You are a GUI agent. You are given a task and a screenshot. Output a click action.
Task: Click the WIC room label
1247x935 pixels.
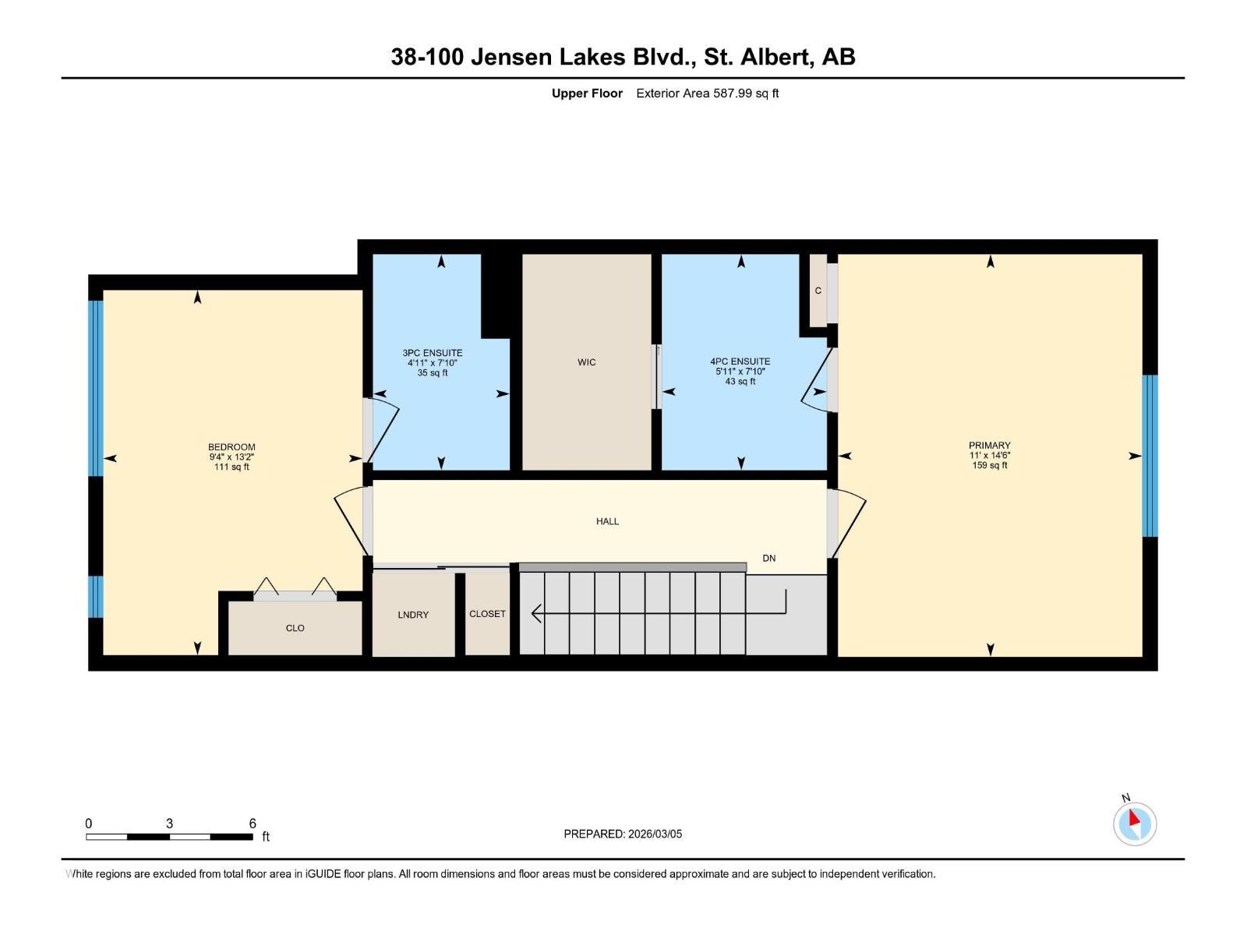tap(586, 362)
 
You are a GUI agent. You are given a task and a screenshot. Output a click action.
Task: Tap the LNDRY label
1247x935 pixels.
tap(413, 615)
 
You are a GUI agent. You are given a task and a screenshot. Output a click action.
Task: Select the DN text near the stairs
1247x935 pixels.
tap(769, 559)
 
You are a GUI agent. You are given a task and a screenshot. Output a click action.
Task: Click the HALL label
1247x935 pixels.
tap(607, 521)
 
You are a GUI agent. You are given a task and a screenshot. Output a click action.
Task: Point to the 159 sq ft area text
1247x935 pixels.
tap(989, 465)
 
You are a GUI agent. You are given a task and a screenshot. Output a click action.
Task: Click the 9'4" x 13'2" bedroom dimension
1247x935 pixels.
tap(231, 457)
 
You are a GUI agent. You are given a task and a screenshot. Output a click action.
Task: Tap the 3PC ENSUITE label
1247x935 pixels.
tap(433, 353)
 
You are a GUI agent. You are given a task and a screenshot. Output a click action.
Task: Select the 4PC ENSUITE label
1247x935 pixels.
tap(740, 362)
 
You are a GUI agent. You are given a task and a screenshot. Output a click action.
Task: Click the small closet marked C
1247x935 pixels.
tap(818, 291)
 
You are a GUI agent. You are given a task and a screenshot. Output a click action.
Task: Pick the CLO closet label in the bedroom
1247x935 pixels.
tap(295, 628)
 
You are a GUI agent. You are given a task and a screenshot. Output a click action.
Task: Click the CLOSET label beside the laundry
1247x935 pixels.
tap(487, 614)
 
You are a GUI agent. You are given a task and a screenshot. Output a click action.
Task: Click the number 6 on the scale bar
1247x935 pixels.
tap(253, 824)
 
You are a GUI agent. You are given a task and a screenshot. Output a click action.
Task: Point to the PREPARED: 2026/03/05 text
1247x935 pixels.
tap(623, 834)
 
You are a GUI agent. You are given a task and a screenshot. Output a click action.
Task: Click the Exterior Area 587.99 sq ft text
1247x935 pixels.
tap(707, 93)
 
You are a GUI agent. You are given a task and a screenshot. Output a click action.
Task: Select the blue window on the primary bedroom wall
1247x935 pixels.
tap(1150, 456)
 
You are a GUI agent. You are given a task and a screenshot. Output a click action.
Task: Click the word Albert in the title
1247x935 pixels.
tap(774, 57)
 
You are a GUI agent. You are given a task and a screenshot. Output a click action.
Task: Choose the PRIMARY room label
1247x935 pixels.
tap(989, 446)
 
